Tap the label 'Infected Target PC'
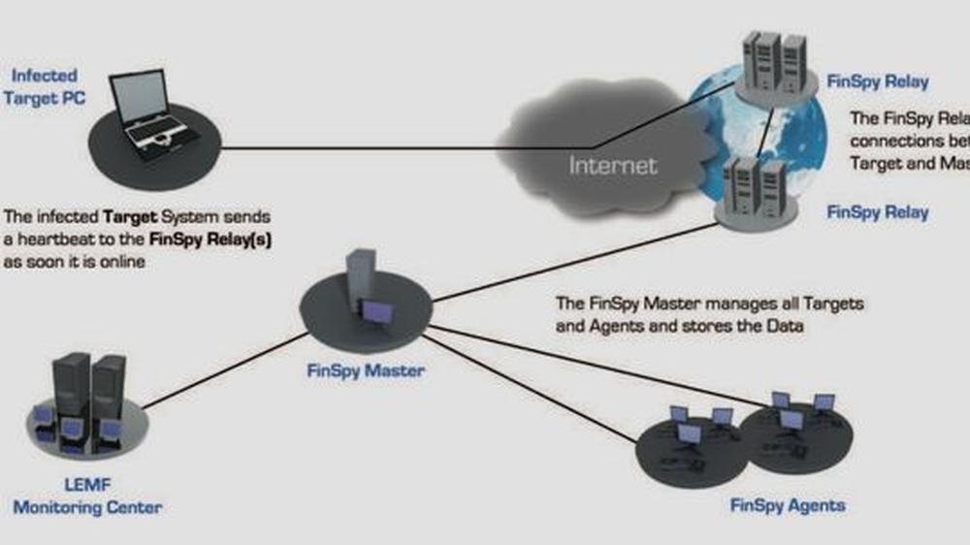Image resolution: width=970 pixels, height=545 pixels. [x=45, y=85]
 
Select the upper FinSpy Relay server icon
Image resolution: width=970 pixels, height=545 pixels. [x=774, y=64]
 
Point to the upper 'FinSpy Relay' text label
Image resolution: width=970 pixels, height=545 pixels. [x=877, y=81]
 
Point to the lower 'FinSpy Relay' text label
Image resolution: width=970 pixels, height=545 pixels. [x=877, y=212]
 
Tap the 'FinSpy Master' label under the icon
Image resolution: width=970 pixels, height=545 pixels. [x=367, y=370]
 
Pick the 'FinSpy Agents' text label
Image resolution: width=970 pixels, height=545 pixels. [x=788, y=505]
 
